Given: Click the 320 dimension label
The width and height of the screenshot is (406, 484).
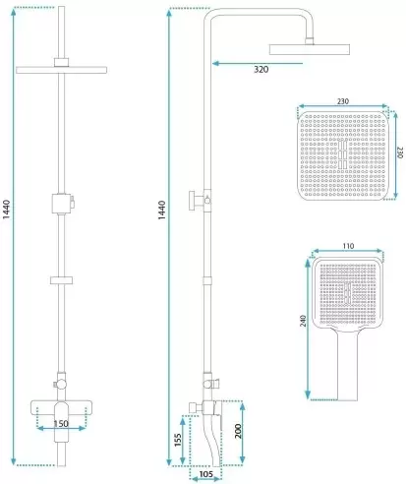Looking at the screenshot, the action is pyautogui.click(x=261, y=69).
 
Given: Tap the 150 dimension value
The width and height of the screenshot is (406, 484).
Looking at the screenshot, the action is pyautogui.click(x=61, y=424).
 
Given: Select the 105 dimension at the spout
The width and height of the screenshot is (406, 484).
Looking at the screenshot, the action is pyautogui.click(x=205, y=474).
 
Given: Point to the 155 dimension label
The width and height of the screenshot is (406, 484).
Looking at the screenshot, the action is pyautogui.click(x=178, y=440).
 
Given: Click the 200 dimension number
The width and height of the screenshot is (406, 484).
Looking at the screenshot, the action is pyautogui.click(x=238, y=431).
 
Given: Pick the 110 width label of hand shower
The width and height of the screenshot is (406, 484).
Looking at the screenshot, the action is pyautogui.click(x=348, y=246).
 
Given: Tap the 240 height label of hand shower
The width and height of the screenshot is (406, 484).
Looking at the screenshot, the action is pyautogui.click(x=303, y=321).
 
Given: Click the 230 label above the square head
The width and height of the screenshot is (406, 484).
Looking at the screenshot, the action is pyautogui.click(x=343, y=101).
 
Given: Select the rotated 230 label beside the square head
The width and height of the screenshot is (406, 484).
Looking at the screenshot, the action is pyautogui.click(x=400, y=152).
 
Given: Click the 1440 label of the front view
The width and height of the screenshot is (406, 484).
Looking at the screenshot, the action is pyautogui.click(x=7, y=210).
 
